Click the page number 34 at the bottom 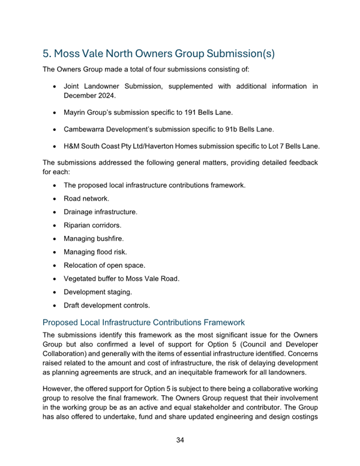point(179,441)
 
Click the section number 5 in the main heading point(46,53)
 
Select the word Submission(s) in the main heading point(238,53)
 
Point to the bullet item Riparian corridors point(92,226)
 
